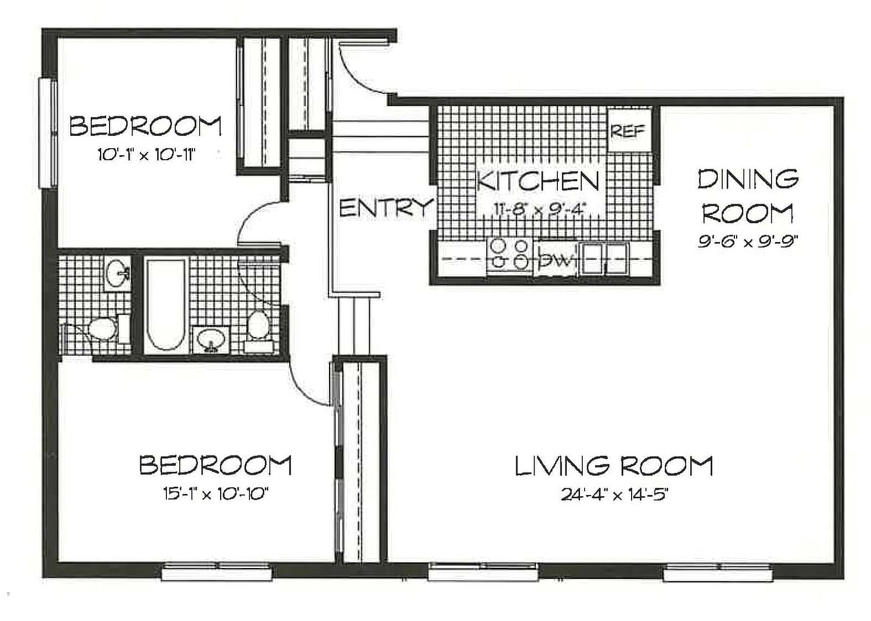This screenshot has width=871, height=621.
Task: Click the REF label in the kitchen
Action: (628, 131)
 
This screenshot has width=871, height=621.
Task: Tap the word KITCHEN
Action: (537, 181)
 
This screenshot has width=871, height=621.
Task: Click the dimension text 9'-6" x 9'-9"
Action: (747, 241)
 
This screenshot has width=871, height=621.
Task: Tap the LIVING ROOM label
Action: (613, 466)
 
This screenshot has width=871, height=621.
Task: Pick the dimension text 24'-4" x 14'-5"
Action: (613, 494)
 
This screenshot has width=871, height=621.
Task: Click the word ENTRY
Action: (385, 208)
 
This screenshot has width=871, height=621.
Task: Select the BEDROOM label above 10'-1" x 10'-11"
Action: (145, 126)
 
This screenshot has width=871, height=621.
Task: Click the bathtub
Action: (165, 303)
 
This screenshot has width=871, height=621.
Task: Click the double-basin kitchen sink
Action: (604, 258)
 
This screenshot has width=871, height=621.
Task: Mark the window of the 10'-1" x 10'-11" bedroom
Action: (48, 132)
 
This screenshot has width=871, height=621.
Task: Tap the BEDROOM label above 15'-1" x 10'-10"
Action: (215, 466)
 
